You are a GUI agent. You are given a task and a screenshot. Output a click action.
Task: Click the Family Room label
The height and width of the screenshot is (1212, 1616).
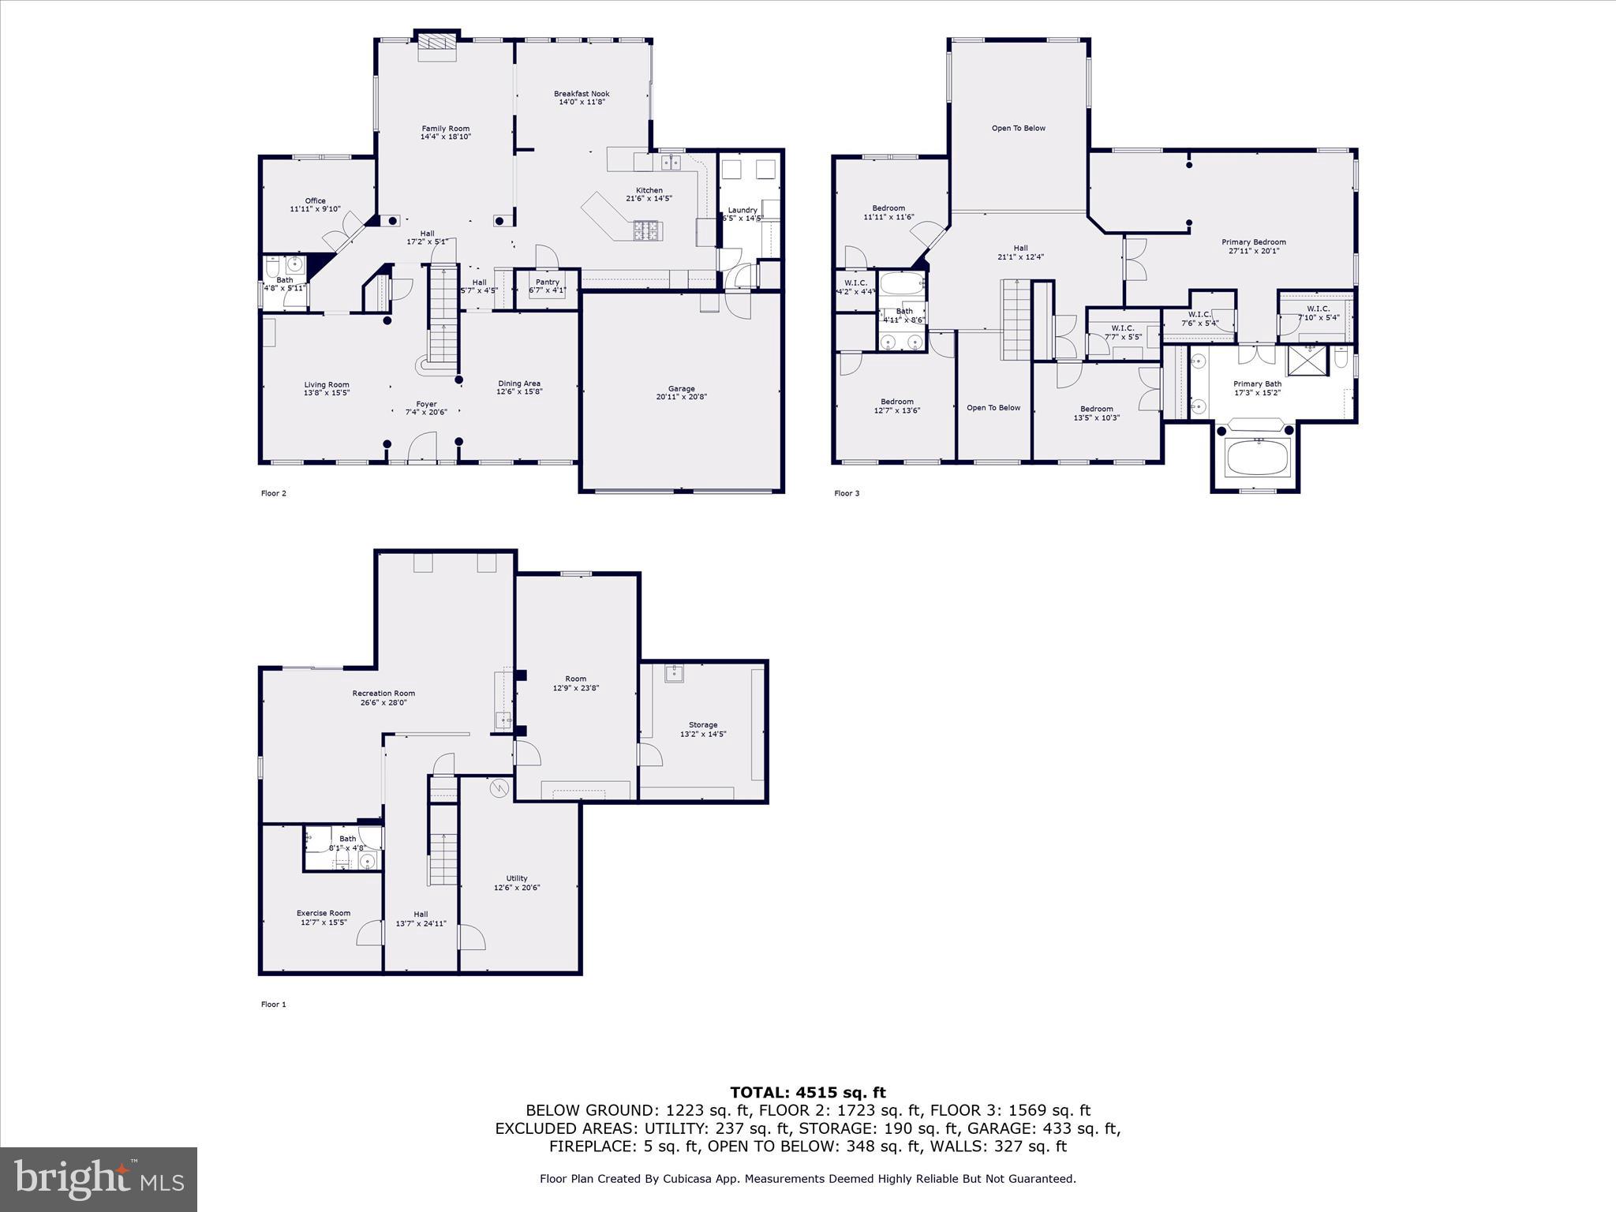click(445, 129)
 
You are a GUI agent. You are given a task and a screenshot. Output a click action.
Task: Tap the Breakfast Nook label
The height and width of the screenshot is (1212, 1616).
click(582, 94)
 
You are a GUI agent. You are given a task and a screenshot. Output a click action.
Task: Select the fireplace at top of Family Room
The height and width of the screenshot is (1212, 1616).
click(437, 46)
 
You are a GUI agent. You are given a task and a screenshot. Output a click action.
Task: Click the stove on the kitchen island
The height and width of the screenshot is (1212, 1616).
click(647, 230)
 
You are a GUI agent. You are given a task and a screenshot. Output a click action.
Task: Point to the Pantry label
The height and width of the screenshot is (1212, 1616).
click(547, 282)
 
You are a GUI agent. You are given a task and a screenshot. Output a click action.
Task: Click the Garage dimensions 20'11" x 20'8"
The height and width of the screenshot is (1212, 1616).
click(681, 397)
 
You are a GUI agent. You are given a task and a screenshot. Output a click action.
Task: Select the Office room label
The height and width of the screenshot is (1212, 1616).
click(315, 200)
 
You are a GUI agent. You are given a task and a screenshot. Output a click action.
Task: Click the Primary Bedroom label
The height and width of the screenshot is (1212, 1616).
click(1253, 242)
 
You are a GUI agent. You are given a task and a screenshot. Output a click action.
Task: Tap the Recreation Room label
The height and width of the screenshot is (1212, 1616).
click(383, 694)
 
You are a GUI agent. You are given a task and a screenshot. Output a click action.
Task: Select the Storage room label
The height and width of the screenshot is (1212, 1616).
click(702, 724)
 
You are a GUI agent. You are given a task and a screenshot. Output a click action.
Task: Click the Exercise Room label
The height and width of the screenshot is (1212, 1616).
click(324, 913)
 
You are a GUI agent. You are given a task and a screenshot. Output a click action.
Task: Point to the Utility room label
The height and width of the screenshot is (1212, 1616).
click(517, 878)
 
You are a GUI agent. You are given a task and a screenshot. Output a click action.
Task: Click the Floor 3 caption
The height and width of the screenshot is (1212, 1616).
click(847, 493)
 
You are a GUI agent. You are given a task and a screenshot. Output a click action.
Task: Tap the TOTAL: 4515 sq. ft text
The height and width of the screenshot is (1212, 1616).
click(807, 1093)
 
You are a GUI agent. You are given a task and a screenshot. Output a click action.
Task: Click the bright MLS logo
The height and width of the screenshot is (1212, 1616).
click(99, 1179)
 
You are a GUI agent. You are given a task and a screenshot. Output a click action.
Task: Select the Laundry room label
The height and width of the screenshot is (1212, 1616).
click(743, 210)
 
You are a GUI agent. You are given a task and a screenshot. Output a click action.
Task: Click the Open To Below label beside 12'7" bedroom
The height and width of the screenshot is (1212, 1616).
click(993, 408)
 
